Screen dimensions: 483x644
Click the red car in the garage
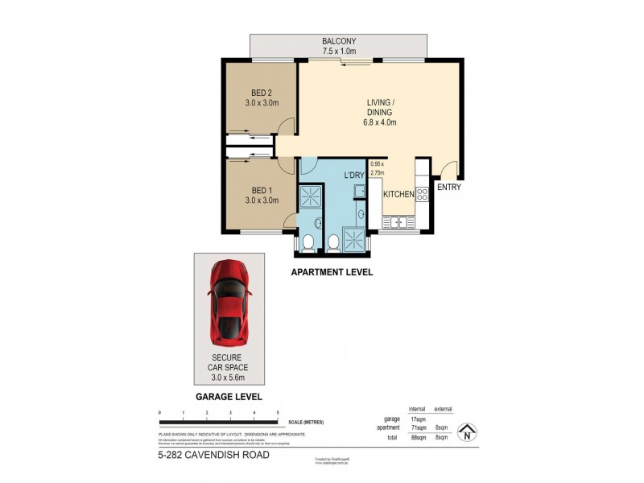[x=228, y=299]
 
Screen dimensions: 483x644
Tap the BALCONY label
[x=339, y=41]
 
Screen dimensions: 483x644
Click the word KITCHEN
[x=398, y=195]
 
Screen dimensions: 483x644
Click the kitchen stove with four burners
[x=421, y=193]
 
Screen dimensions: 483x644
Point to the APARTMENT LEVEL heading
[x=331, y=273]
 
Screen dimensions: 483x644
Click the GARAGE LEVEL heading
[x=228, y=398]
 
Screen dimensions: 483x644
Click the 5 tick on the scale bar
[x=278, y=412]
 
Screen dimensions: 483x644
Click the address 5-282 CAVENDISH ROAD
[x=213, y=455]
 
